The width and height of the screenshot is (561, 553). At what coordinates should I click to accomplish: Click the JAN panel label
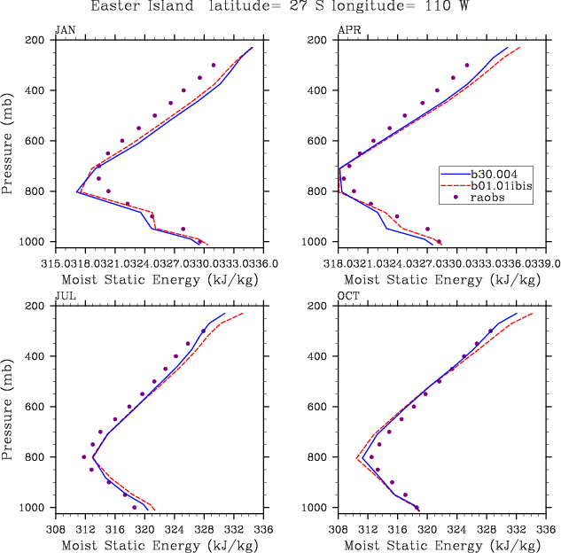pyautogui.click(x=65, y=30)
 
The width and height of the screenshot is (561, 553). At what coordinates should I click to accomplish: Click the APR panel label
pyautogui.click(x=347, y=30)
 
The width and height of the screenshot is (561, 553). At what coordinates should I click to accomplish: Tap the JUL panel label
pyautogui.click(x=65, y=296)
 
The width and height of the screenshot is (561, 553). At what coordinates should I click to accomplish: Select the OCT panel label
pyautogui.click(x=348, y=296)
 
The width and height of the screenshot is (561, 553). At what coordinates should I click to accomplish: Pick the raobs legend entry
pyautogui.click(x=496, y=198)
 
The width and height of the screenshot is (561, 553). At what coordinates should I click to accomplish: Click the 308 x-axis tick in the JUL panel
pyautogui.click(x=55, y=529)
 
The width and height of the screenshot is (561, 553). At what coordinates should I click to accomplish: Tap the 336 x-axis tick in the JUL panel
pyautogui.click(x=263, y=529)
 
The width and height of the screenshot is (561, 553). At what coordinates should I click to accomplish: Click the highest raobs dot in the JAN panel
pyautogui.click(x=214, y=65)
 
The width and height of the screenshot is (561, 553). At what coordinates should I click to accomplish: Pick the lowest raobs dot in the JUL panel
pyautogui.click(x=135, y=508)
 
